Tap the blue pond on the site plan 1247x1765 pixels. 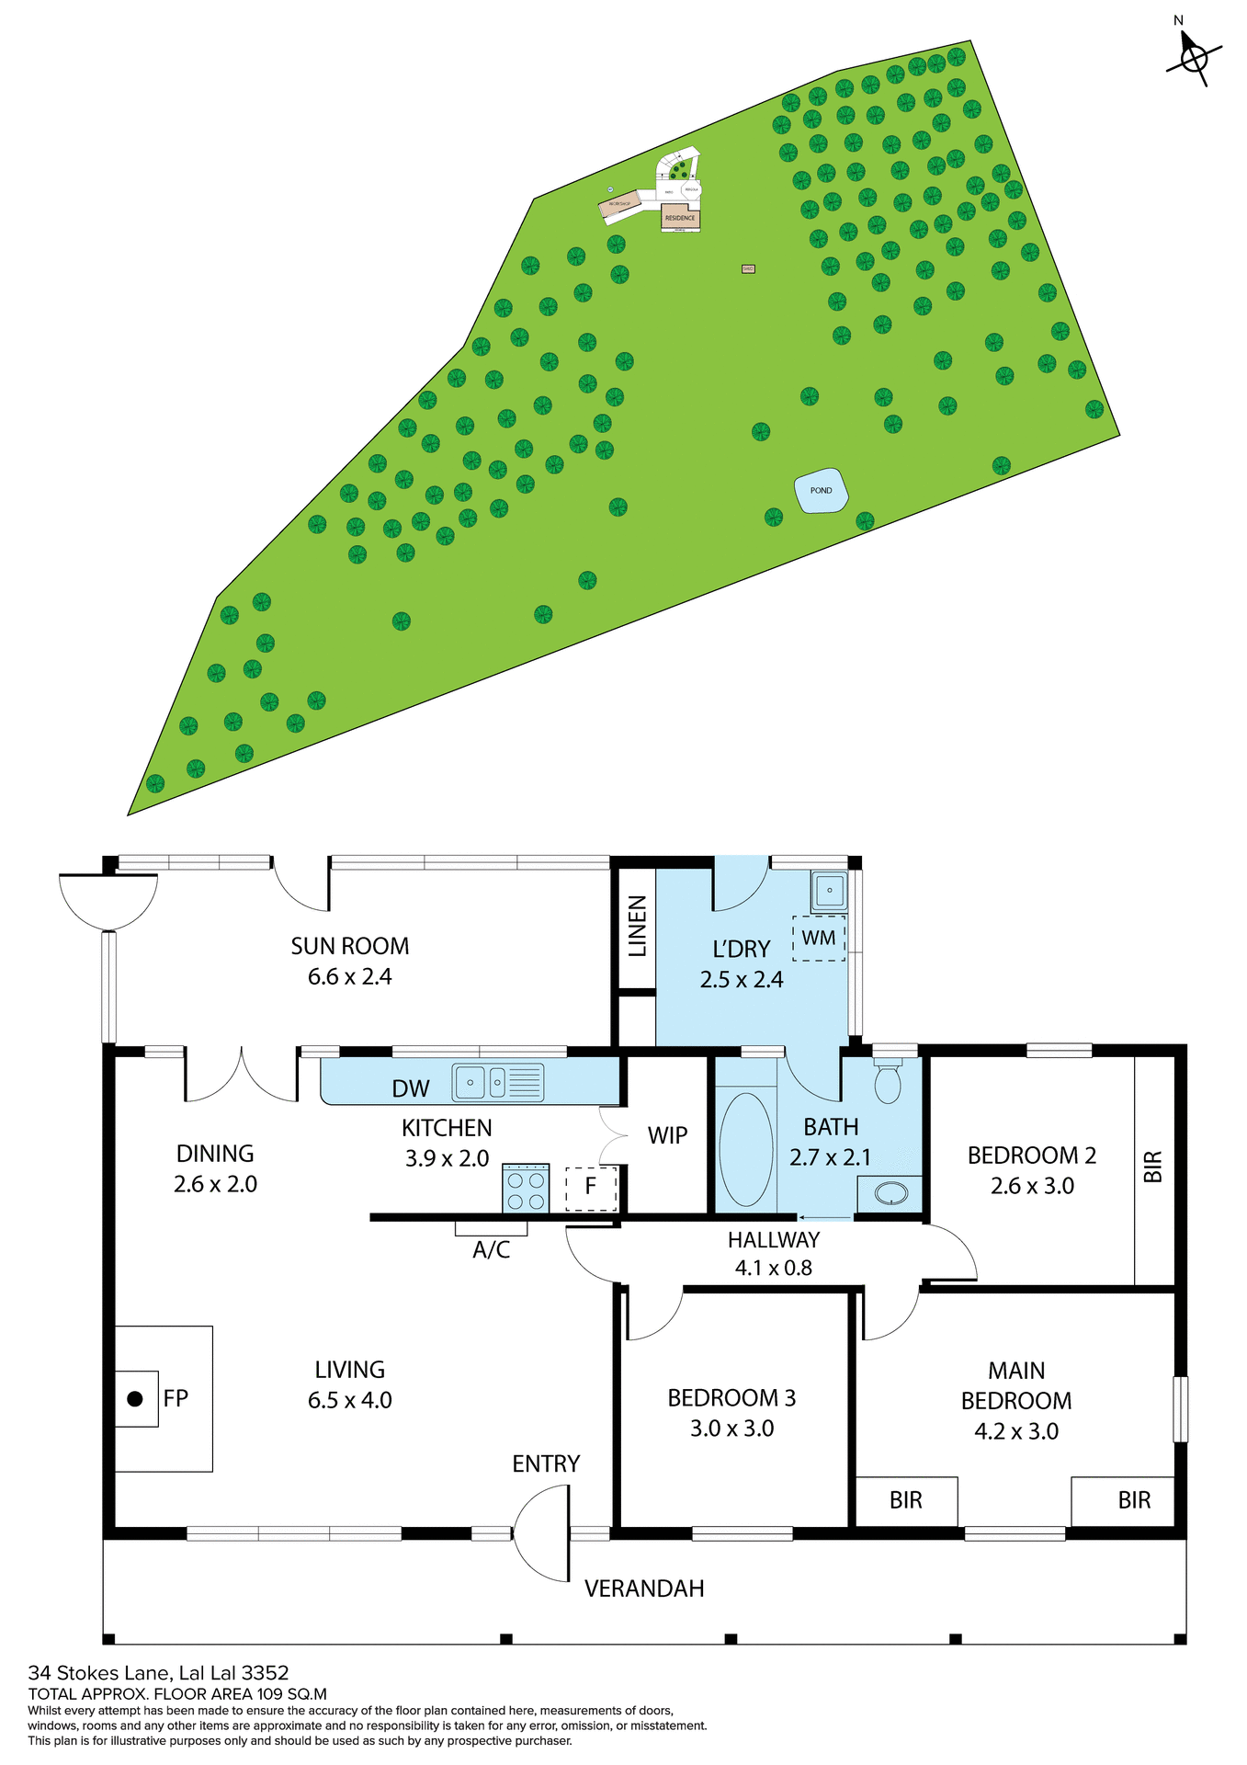click(821, 491)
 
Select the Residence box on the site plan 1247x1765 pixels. click(680, 218)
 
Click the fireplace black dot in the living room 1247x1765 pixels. click(135, 1399)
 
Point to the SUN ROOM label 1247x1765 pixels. click(349, 946)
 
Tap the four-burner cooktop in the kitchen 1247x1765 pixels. click(526, 1189)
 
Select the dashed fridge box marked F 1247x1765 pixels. click(590, 1188)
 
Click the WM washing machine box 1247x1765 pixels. click(819, 938)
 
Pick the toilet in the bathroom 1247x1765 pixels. click(888, 1081)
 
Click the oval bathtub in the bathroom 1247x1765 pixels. click(746, 1149)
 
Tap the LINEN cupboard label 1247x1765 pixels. click(637, 927)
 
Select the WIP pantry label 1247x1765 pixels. click(667, 1135)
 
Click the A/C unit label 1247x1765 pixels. click(491, 1249)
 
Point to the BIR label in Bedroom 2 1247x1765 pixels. click(1153, 1167)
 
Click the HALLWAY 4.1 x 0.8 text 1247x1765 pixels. click(773, 1254)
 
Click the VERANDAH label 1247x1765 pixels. click(644, 1588)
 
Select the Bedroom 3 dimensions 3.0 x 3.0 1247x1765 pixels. click(731, 1429)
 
